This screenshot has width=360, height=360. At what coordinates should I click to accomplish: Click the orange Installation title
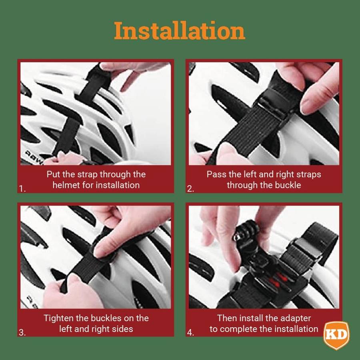click(180, 31)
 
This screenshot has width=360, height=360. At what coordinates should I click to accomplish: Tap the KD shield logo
click(336, 334)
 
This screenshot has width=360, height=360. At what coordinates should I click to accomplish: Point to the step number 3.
click(22, 332)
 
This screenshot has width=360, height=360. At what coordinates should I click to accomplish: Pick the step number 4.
click(191, 332)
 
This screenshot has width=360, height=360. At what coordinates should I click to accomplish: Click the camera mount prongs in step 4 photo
click(243, 234)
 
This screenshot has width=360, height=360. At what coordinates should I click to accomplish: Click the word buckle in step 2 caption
click(288, 185)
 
